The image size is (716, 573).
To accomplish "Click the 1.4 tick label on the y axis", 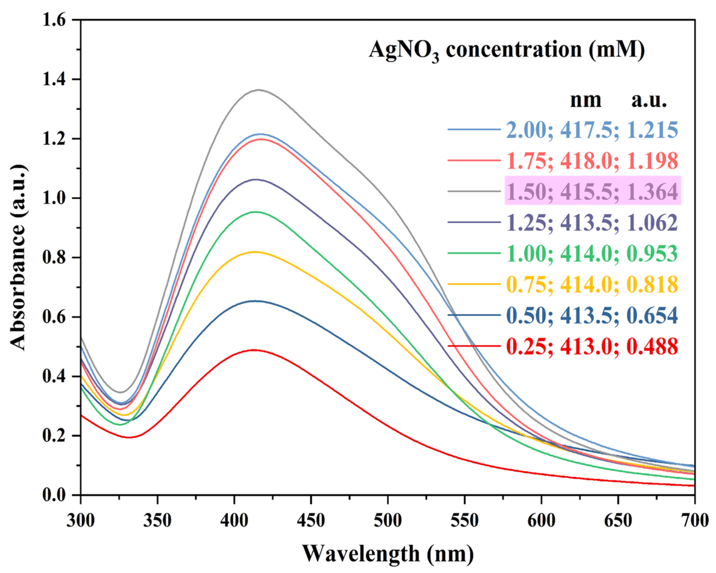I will [56, 79].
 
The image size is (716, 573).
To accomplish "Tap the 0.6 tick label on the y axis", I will [56, 317].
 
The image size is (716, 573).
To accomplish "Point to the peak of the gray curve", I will [258, 90].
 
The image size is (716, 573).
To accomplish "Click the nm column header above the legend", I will [586, 100].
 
